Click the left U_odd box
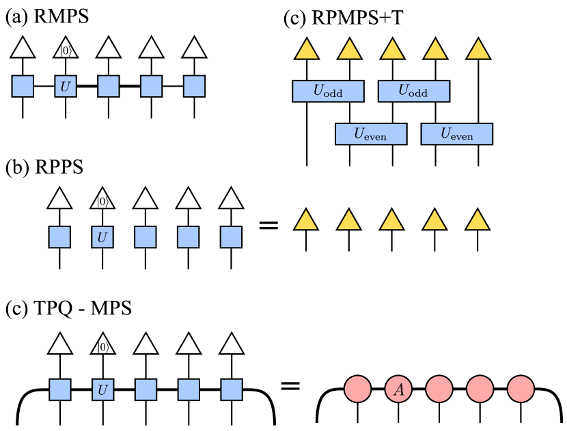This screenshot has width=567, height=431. click(328, 91)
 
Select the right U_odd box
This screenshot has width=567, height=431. click(414, 91)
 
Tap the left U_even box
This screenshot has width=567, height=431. click(371, 134)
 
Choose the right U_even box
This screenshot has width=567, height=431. click(457, 134)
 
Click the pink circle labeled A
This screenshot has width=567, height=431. click(398, 389)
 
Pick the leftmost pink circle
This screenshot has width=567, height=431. click(357, 389)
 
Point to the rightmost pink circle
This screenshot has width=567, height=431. click(521, 389)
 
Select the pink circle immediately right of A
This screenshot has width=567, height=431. click(439, 389)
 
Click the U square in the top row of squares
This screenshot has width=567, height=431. click(66, 87)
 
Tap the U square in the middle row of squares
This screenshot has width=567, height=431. click(102, 237)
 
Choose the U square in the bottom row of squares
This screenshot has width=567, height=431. click(102, 389)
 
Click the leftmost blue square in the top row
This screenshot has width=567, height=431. click(23, 87)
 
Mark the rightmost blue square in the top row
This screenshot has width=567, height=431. click(194, 87)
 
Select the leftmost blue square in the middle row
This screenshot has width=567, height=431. click(59, 237)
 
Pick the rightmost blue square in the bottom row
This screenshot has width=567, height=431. click(232, 389)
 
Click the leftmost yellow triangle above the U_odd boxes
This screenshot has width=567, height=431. click(307, 50)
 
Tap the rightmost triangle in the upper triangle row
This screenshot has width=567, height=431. click(478, 50)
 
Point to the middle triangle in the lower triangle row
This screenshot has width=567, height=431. click(391, 221)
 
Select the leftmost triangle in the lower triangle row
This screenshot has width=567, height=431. click(306, 221)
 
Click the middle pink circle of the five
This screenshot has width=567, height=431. click(439, 389)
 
